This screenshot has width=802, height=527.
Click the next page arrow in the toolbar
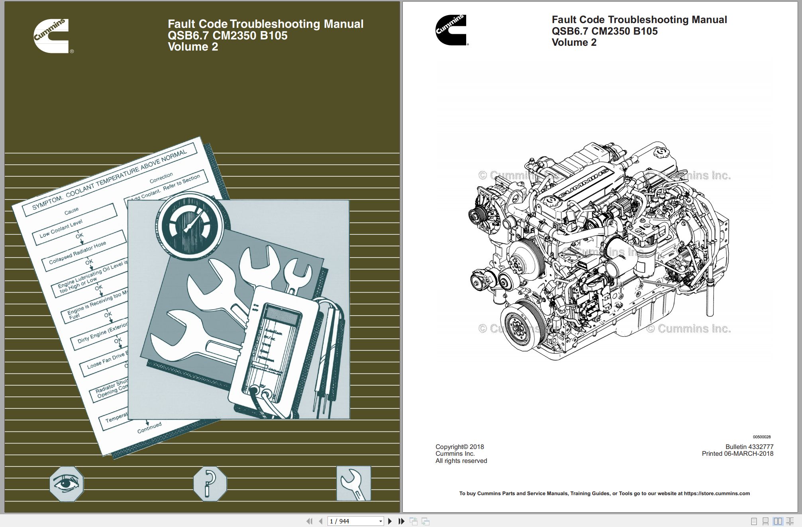[x=390, y=521]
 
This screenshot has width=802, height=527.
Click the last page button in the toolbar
[x=401, y=521]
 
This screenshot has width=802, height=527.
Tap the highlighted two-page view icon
[x=778, y=521]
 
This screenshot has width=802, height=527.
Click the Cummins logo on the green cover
[x=51, y=36]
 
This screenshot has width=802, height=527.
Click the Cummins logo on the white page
[x=451, y=30]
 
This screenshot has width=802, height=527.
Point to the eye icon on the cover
[x=67, y=484]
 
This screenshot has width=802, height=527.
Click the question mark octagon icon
[x=210, y=484]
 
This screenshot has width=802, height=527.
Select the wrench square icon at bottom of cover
[x=353, y=483]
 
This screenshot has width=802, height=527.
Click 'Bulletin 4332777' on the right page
[x=749, y=447]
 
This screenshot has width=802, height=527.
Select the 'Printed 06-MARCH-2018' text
[x=737, y=453]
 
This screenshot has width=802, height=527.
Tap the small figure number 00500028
[x=762, y=437]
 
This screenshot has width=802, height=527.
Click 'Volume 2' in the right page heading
[x=574, y=43]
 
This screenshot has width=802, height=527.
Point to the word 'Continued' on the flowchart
[x=149, y=427]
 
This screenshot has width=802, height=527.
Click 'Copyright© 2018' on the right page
[x=459, y=447]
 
